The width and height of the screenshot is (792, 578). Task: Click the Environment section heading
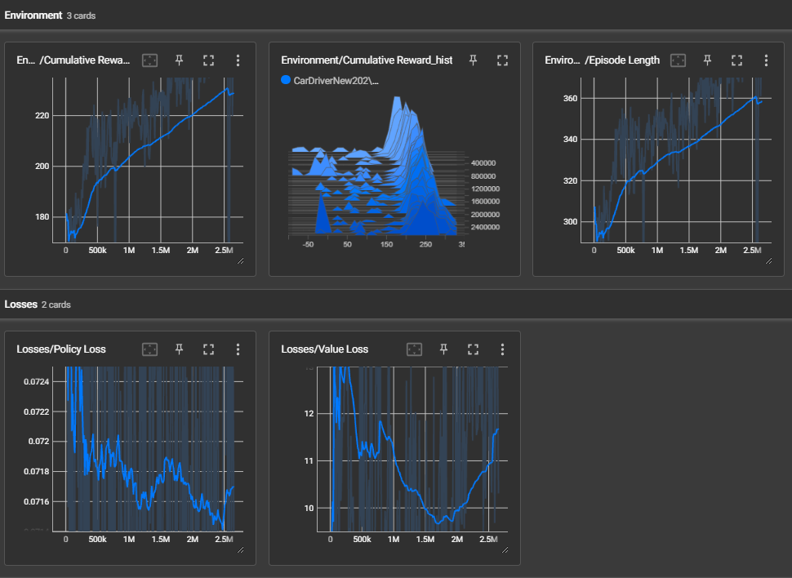pyautogui.click(x=33, y=15)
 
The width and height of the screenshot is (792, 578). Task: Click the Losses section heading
pyautogui.click(x=20, y=305)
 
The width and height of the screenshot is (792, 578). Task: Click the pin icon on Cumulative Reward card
pyautogui.click(x=179, y=60)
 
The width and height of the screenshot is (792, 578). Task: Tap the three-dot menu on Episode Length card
pyautogui.click(x=766, y=60)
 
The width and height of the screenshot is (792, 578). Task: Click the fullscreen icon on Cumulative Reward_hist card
pyautogui.click(x=502, y=60)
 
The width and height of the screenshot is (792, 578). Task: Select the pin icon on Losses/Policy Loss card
pyautogui.click(x=179, y=349)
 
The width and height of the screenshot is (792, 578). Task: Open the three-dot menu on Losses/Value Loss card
pyautogui.click(x=502, y=349)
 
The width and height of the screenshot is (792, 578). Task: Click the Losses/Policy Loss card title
pyautogui.click(x=61, y=349)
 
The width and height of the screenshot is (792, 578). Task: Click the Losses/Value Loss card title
pyautogui.click(x=324, y=349)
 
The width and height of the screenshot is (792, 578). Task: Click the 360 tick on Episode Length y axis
pyautogui.click(x=570, y=99)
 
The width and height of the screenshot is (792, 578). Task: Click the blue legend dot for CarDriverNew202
pyautogui.click(x=286, y=80)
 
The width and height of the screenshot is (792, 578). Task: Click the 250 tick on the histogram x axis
pyautogui.click(x=425, y=244)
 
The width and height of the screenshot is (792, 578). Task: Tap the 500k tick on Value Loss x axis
pyautogui.click(x=362, y=540)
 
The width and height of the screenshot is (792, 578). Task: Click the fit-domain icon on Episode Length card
pyautogui.click(x=677, y=60)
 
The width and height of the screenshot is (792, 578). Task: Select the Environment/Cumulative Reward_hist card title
pyautogui.click(x=366, y=60)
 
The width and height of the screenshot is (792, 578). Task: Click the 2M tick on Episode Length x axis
pyautogui.click(x=720, y=251)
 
